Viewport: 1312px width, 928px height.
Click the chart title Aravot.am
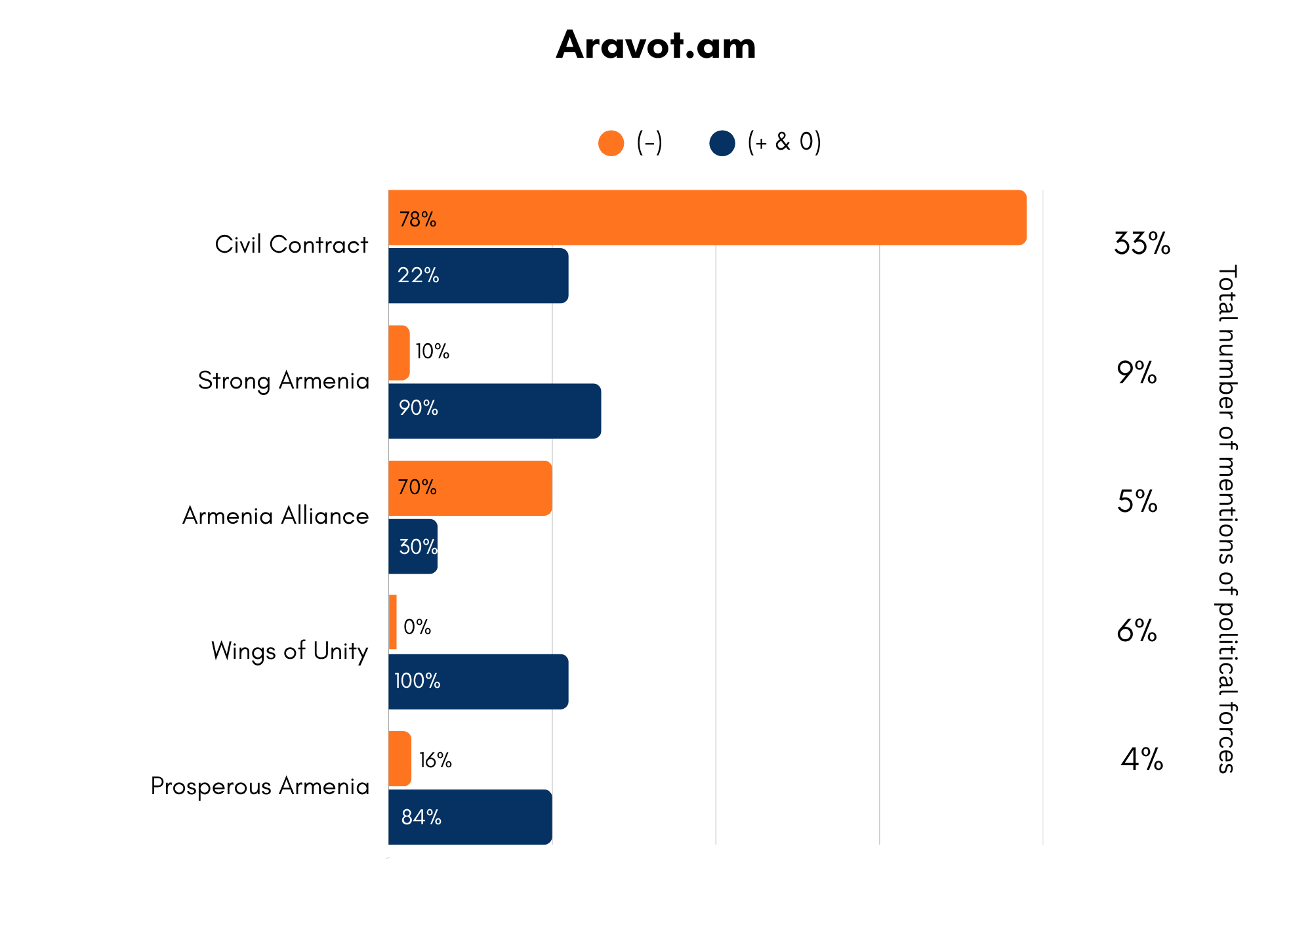click(x=656, y=45)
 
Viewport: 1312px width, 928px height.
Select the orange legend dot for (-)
click(x=611, y=143)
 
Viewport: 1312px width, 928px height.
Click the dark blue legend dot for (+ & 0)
click(x=722, y=143)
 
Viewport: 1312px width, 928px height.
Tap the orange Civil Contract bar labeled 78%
click(x=707, y=218)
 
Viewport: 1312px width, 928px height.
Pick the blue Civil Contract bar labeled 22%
click(x=478, y=276)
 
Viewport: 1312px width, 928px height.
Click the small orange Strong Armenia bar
click(x=399, y=353)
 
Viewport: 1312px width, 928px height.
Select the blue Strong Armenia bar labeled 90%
click(x=495, y=411)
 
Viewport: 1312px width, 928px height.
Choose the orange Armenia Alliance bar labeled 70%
click(x=470, y=488)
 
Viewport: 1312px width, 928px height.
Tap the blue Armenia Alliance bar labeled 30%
click(x=413, y=546)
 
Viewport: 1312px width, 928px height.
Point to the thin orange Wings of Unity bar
click(x=392, y=622)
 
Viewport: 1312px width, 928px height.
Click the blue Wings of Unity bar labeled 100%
click(x=478, y=681)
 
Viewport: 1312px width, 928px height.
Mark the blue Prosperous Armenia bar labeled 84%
click(x=470, y=817)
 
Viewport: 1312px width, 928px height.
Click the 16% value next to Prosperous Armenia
click(x=436, y=760)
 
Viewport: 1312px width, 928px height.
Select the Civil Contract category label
click(x=291, y=244)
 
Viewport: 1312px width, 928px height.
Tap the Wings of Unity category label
click(x=289, y=651)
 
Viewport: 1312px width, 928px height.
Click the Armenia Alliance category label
click(x=276, y=516)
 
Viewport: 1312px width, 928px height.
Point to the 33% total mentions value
click(x=1142, y=243)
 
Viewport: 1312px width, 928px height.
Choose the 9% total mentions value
click(x=1137, y=372)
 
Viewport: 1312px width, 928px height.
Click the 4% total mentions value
click(x=1142, y=759)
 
